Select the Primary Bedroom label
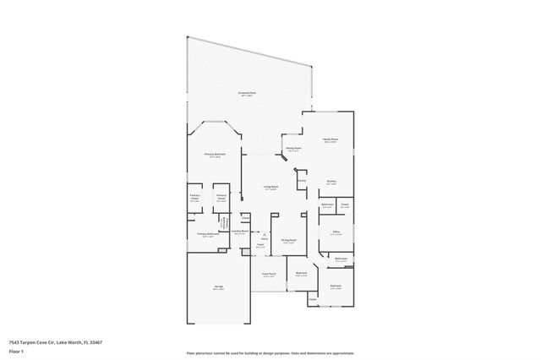pos(215,155)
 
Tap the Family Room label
pos(331,139)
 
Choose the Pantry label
pos(301,180)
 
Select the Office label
pos(336,232)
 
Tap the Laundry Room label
pos(239,231)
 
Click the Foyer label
pos(261,247)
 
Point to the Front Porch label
pos(270,274)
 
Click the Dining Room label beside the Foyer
pos(288,240)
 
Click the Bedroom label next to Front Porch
pos(302,273)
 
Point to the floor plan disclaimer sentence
pos(270,352)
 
